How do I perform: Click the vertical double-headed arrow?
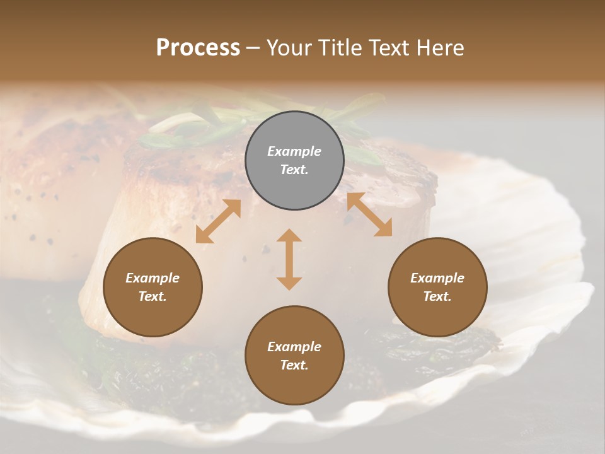(x=289, y=259)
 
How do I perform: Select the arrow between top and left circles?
(x=218, y=221)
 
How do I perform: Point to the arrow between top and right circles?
(x=369, y=214)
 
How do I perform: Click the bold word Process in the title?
(x=198, y=47)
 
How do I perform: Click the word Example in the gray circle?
(x=294, y=151)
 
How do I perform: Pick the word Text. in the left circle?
(x=153, y=296)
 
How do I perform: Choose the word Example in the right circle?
(x=437, y=278)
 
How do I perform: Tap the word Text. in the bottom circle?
(x=294, y=365)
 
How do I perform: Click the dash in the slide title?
(x=253, y=48)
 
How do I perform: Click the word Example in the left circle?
(x=153, y=278)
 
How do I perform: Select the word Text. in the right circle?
(x=437, y=296)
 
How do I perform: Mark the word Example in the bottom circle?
(x=294, y=347)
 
